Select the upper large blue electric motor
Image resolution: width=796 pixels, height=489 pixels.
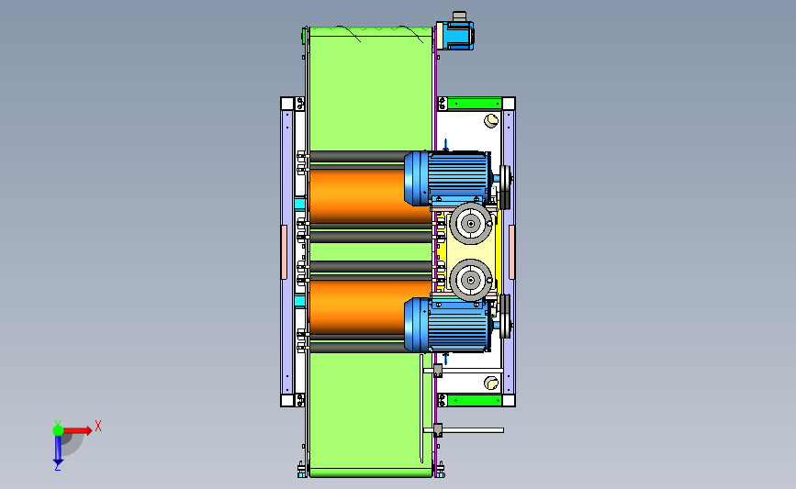click(x=447, y=178)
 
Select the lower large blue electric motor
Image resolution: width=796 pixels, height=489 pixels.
click(x=447, y=325)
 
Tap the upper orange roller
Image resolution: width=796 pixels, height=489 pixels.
click(x=363, y=195)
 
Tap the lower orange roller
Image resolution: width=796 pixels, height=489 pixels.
click(x=363, y=307)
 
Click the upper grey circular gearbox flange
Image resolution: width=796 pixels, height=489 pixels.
click(x=471, y=224)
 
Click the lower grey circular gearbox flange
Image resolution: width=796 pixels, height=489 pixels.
click(x=471, y=280)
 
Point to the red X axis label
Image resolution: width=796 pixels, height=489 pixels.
click(x=98, y=426)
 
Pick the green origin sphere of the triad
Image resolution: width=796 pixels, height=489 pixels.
click(x=58, y=430)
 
